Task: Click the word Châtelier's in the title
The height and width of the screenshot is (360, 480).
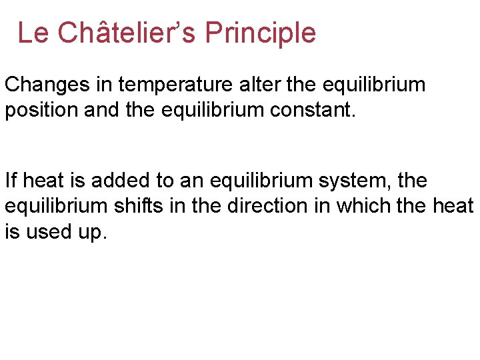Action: pyautogui.click(x=127, y=32)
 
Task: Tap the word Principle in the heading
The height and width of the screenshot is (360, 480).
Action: pyautogui.click(x=261, y=32)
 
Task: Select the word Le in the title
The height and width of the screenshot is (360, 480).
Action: pyautogui.click(x=33, y=32)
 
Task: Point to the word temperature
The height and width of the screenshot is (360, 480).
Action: pyautogui.click(x=173, y=85)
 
